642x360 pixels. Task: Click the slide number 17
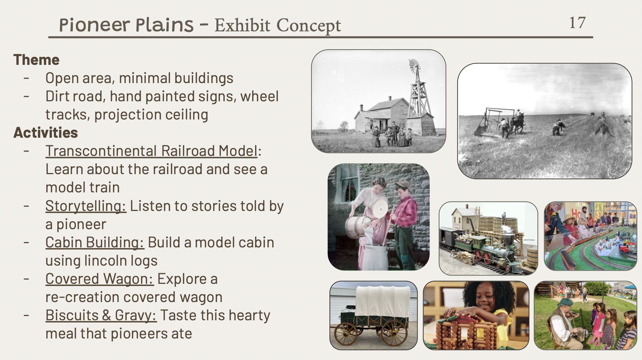click(x=578, y=23)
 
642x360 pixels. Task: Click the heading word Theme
click(x=36, y=60)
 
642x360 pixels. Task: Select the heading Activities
click(x=46, y=133)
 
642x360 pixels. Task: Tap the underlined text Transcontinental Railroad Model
click(x=152, y=151)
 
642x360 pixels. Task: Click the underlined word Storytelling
click(x=86, y=206)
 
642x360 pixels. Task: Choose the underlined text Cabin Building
click(x=95, y=243)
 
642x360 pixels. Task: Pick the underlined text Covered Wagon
click(x=99, y=279)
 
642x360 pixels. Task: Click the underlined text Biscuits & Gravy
click(x=101, y=316)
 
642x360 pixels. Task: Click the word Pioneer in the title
click(x=94, y=25)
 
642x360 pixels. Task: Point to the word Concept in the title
click(x=309, y=26)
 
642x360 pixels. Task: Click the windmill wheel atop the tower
click(x=414, y=66)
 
